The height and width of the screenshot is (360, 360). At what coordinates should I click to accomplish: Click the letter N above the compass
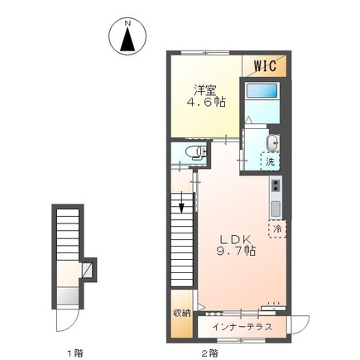click(127, 25)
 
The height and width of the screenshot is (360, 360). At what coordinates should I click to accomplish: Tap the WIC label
click(264, 64)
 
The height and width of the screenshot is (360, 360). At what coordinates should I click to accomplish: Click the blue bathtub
click(260, 103)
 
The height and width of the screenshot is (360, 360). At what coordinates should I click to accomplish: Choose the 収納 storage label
click(181, 312)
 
